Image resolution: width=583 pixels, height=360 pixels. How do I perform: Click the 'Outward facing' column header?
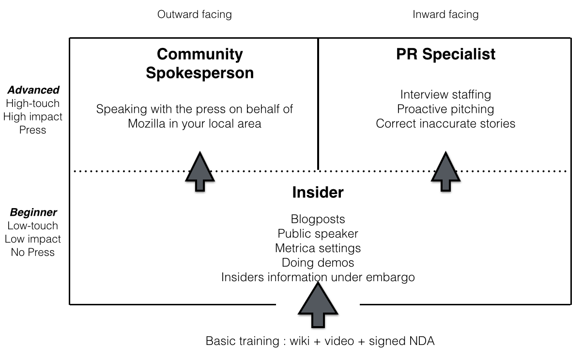pyautogui.click(x=195, y=15)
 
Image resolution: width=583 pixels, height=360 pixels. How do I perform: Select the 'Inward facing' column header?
pyautogui.click(x=445, y=15)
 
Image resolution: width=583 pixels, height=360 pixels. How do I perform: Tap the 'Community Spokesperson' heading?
pyautogui.click(x=199, y=63)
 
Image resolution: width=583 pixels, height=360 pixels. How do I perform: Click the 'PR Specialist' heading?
pyautogui.click(x=445, y=54)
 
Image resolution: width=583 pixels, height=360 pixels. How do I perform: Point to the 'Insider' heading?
pyautogui.click(x=318, y=192)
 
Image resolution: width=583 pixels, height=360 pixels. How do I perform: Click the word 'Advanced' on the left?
pyautogui.click(x=33, y=90)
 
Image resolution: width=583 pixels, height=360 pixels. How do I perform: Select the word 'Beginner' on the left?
pyautogui.click(x=33, y=212)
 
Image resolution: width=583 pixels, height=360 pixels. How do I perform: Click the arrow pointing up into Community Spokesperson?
pyautogui.click(x=200, y=171)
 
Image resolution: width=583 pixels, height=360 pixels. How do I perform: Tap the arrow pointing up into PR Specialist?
pyautogui.click(x=445, y=171)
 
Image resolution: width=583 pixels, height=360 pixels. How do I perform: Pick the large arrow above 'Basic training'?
pyautogui.click(x=318, y=305)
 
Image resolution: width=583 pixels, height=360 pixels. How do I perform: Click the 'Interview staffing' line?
pyautogui.click(x=445, y=94)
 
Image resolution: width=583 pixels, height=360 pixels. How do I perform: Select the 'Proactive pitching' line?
pyautogui.click(x=445, y=109)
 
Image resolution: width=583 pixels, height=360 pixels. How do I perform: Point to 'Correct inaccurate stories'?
pyautogui.click(x=445, y=123)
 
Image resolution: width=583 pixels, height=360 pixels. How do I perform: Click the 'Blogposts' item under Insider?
pyautogui.click(x=318, y=219)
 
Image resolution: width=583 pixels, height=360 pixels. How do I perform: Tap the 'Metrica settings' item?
pyautogui.click(x=318, y=248)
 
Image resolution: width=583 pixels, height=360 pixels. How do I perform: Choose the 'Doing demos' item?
pyautogui.click(x=318, y=263)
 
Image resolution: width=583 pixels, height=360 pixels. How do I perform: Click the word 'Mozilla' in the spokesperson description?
pyautogui.click(x=147, y=123)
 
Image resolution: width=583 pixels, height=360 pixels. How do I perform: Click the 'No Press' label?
pyautogui.click(x=33, y=252)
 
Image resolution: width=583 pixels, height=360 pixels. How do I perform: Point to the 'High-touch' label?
pyautogui.click(x=33, y=104)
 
